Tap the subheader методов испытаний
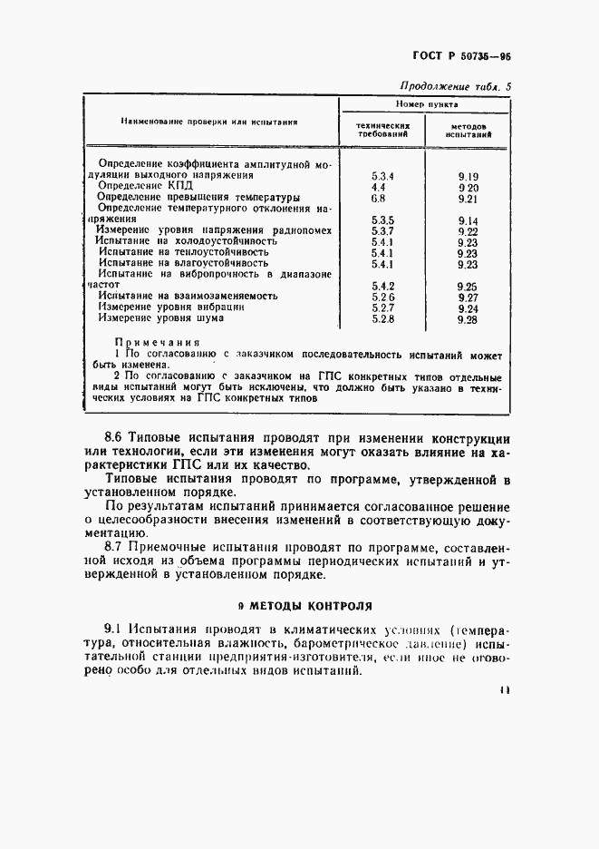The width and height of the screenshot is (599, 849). tap(469, 130)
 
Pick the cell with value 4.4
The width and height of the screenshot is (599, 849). tap(379, 186)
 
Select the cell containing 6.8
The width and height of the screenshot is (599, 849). tap(379, 197)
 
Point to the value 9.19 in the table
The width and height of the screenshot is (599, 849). tap(469, 175)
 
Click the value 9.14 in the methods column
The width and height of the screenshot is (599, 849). tap(469, 220)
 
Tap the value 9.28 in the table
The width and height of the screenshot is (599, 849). tap(469, 319)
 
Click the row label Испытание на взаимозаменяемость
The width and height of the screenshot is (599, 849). tap(188, 296)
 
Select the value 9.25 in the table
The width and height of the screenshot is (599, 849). tap(469, 285)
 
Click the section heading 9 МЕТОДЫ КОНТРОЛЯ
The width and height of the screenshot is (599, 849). tap(300, 604)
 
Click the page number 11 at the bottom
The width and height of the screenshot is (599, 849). tap(505, 689)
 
